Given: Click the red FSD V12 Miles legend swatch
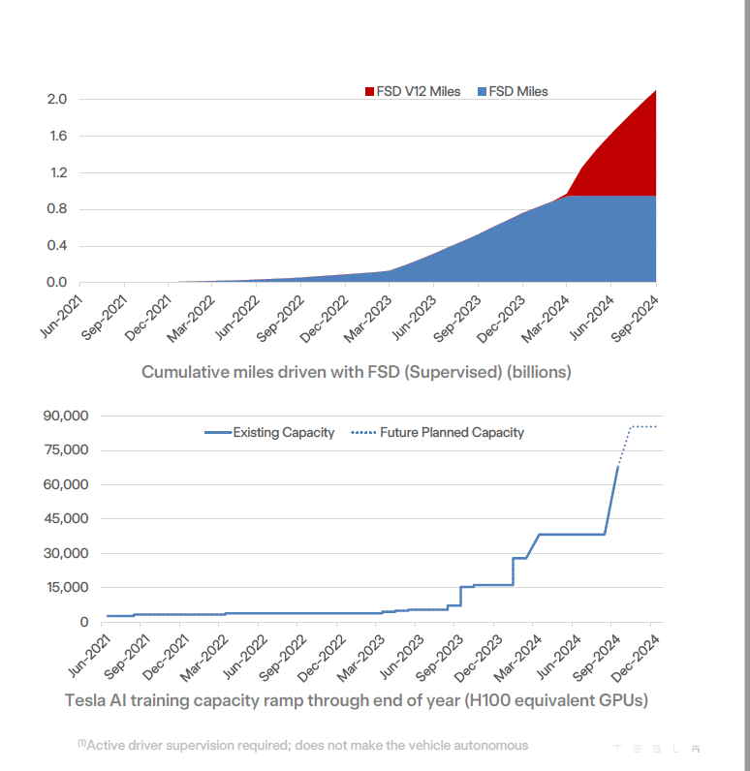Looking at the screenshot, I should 369,92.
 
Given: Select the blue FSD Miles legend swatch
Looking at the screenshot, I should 482,92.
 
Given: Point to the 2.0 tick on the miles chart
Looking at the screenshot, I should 56,99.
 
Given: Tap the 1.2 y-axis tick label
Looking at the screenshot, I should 56,172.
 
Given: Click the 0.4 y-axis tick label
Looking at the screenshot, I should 56,246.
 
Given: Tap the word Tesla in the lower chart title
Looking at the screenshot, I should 86,699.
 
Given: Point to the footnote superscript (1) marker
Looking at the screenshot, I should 81,743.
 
